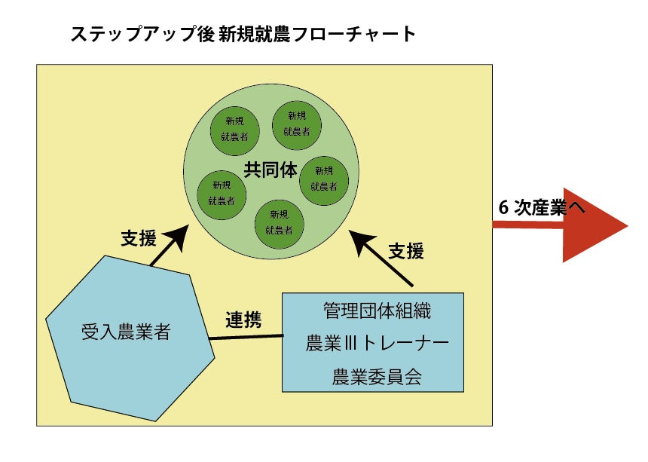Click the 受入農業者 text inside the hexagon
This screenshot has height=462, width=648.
point(125,332)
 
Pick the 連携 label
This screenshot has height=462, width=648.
point(243,320)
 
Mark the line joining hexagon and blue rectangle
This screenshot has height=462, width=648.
point(246,337)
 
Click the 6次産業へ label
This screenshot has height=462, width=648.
point(541,209)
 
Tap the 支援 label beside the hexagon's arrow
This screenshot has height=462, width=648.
point(138,239)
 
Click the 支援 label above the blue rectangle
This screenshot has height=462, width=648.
point(405,251)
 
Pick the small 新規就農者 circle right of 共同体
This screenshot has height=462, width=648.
point(324,179)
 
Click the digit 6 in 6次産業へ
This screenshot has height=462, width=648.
point(504,209)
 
